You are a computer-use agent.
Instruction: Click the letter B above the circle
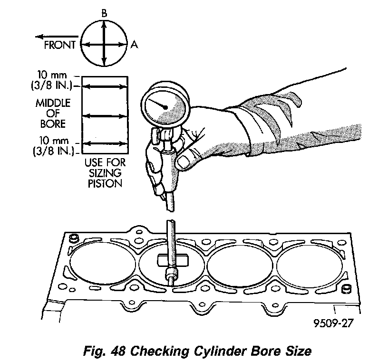pyautogui.click(x=104, y=14)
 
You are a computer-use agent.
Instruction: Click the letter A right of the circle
pyautogui.click(x=135, y=45)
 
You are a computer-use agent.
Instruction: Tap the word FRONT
pyautogui.click(x=59, y=46)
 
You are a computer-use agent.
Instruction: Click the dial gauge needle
pyautogui.click(x=158, y=103)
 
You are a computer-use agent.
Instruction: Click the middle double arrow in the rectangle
pyautogui.click(x=105, y=116)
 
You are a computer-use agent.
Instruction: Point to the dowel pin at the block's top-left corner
pyautogui.click(x=74, y=237)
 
